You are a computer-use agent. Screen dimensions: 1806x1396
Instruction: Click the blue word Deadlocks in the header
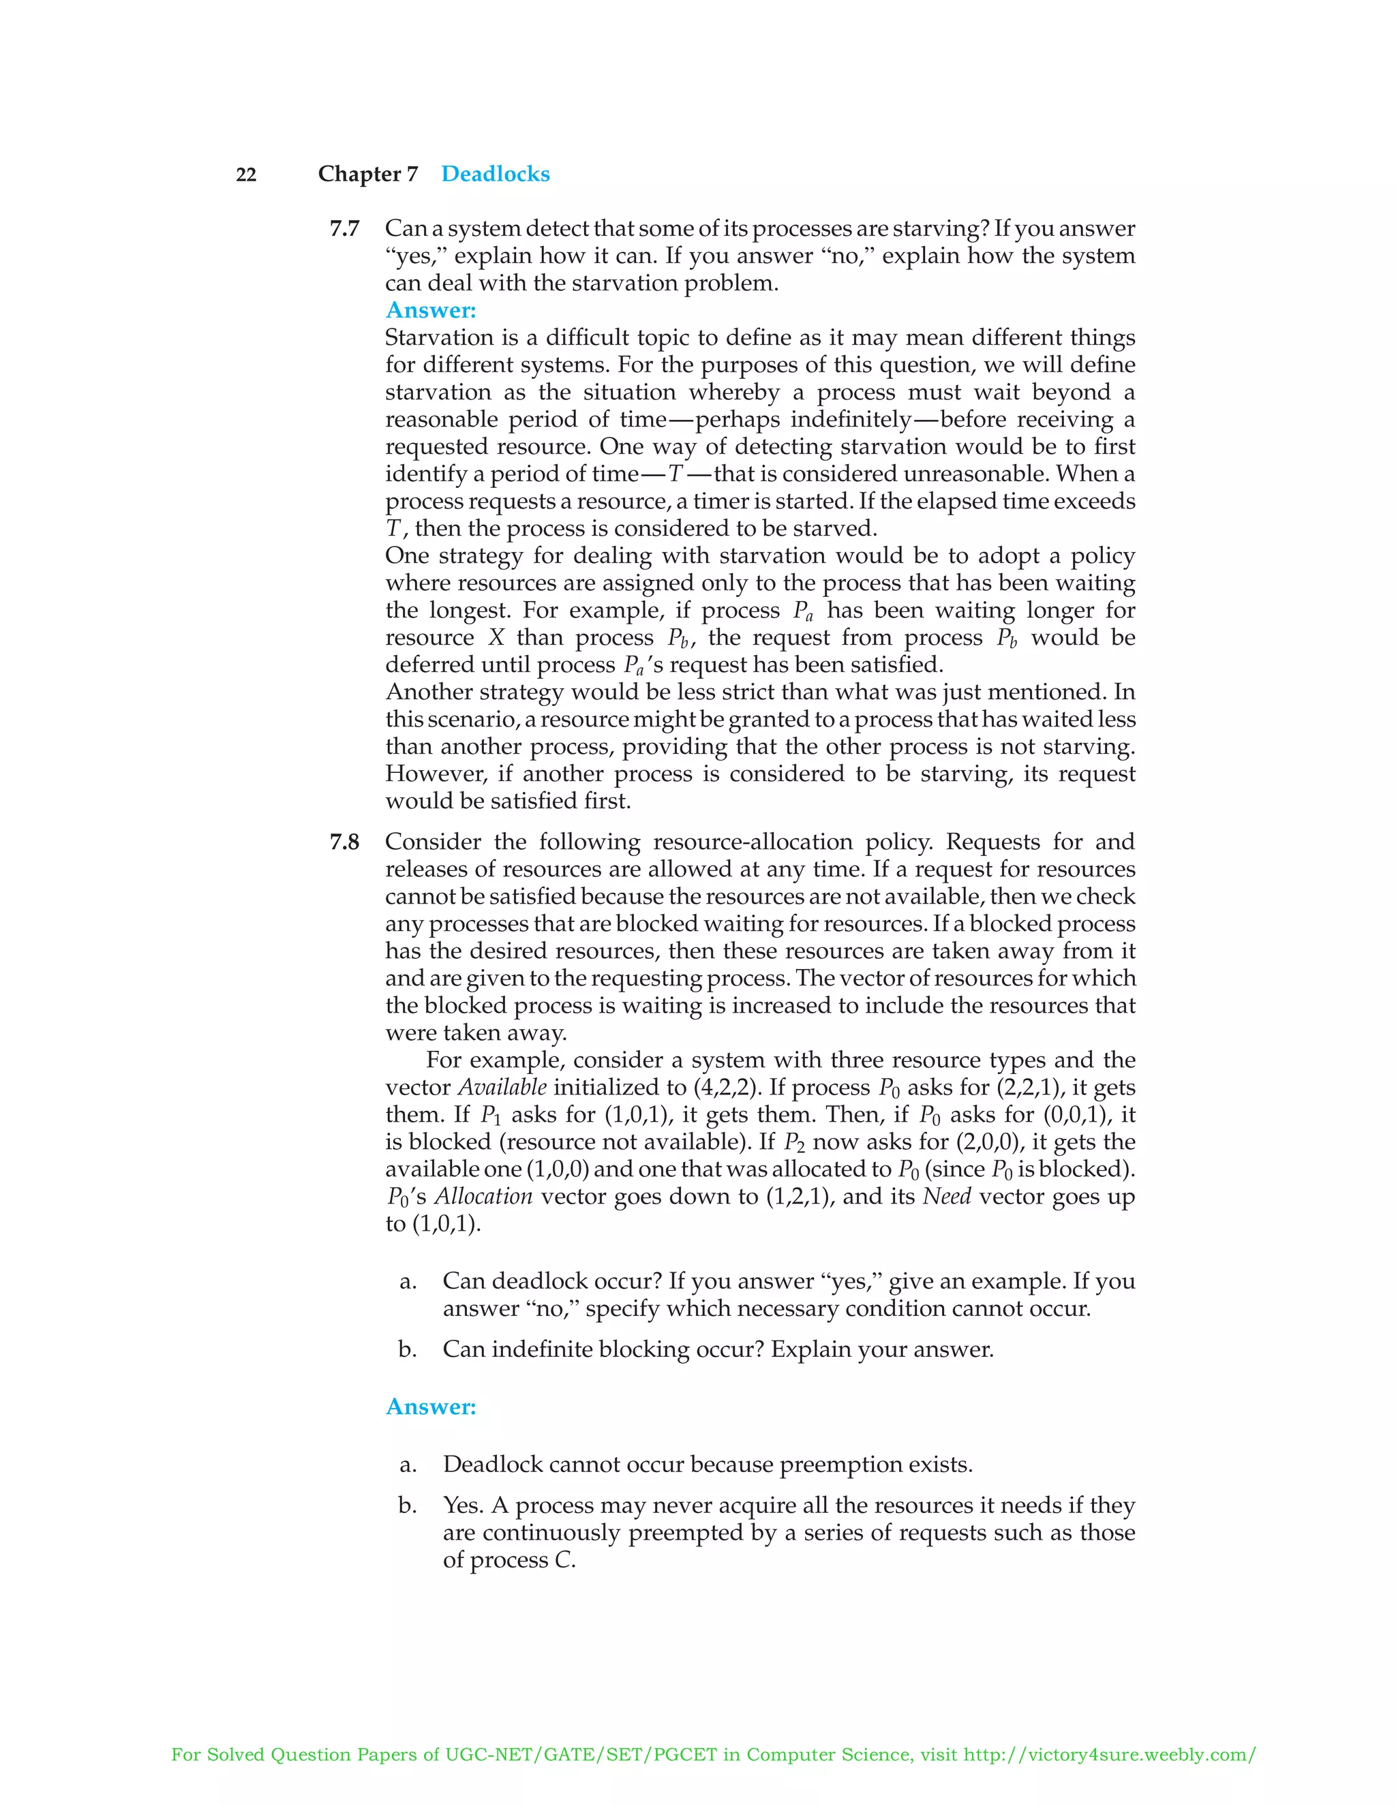pyautogui.click(x=495, y=174)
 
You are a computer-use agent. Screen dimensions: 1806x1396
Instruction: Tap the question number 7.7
pyautogui.click(x=344, y=228)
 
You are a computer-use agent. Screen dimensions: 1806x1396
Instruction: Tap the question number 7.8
pyautogui.click(x=344, y=842)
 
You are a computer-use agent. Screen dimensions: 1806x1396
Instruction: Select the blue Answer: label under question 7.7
pyautogui.click(x=430, y=310)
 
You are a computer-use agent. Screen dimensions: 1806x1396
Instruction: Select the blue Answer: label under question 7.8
pyautogui.click(x=430, y=1407)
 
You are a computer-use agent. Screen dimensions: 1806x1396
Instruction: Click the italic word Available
pyautogui.click(x=502, y=1088)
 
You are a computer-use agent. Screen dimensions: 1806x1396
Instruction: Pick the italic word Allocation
pyautogui.click(x=484, y=1197)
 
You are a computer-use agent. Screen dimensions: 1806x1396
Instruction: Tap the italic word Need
pyautogui.click(x=946, y=1197)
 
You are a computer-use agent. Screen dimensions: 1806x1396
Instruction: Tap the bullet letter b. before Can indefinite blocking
pyautogui.click(x=407, y=1349)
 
